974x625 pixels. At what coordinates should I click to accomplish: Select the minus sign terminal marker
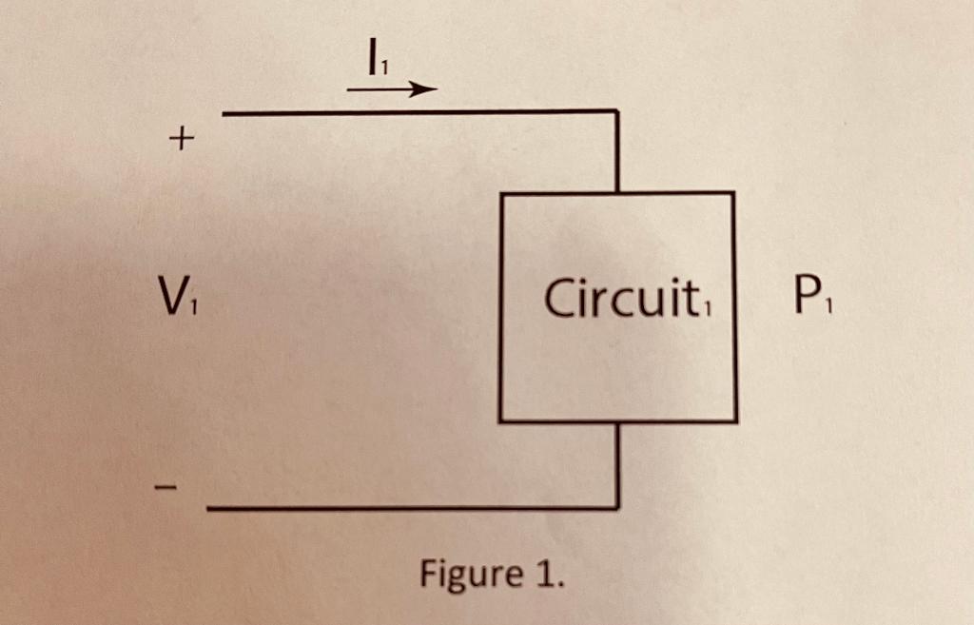click(x=166, y=489)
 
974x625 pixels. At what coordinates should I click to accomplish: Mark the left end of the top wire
click(x=224, y=114)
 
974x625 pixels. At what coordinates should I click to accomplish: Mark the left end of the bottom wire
click(x=209, y=509)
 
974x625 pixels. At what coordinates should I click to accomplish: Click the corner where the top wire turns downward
click(x=617, y=113)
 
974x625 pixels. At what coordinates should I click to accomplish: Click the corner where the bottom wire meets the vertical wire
click(x=617, y=508)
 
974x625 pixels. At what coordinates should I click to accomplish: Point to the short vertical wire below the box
click(x=617, y=464)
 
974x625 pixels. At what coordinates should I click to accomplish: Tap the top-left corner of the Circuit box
click(x=502, y=194)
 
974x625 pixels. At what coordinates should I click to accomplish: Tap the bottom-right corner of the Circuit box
click(x=734, y=420)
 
